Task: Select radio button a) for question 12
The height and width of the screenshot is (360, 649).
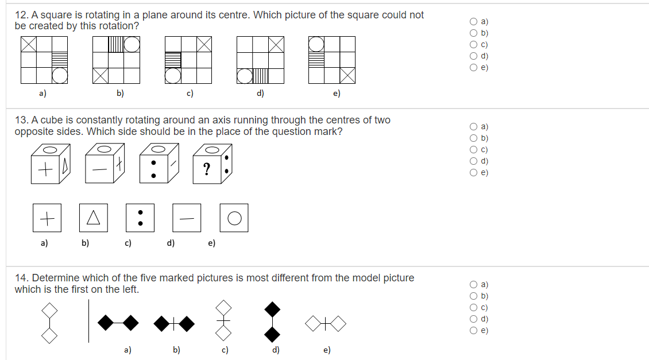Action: point(474,21)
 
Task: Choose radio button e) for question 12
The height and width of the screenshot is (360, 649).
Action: point(474,67)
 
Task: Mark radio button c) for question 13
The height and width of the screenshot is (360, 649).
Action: point(474,149)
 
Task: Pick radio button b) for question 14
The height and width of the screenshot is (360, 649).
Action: point(474,296)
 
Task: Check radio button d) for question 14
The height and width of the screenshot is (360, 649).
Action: point(474,319)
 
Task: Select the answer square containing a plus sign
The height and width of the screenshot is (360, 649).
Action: point(47,218)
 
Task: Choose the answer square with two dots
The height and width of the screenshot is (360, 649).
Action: point(140,218)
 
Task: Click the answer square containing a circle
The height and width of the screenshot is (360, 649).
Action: point(234,218)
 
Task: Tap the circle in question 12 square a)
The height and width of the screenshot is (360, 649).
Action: point(60,75)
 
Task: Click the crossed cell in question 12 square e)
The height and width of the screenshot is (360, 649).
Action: point(347,75)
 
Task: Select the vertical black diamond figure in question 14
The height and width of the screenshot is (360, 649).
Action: point(273,322)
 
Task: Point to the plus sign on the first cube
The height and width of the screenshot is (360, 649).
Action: point(44,171)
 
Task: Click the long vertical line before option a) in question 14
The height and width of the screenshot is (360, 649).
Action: point(89,322)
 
